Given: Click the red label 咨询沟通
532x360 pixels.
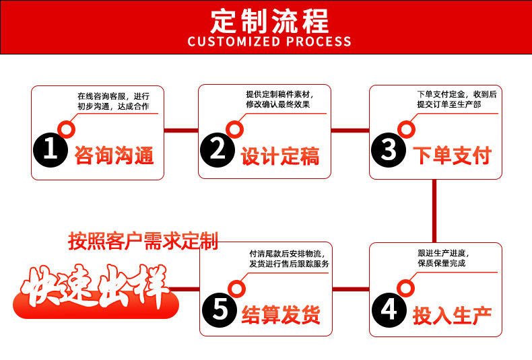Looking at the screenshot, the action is (x=114, y=155).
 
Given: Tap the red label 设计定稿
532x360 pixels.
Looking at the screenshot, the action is (x=280, y=155).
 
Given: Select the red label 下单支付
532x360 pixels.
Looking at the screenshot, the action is (x=452, y=155).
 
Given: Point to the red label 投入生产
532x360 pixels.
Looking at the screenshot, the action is (x=452, y=314).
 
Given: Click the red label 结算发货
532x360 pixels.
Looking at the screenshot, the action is (x=281, y=314).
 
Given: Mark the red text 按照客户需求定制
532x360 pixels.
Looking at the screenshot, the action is (x=143, y=241).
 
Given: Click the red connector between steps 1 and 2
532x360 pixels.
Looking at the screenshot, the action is (x=180, y=130).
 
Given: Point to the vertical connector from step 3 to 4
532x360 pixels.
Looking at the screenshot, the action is (x=434, y=211).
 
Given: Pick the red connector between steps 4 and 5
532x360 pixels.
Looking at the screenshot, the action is (x=352, y=289).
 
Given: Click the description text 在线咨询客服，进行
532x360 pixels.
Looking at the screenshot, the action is (x=113, y=96).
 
